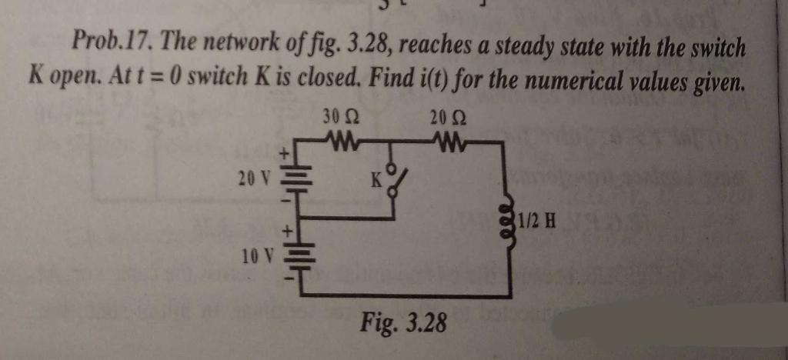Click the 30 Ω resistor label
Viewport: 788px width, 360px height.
[x=339, y=119]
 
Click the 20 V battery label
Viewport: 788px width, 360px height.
[x=253, y=179]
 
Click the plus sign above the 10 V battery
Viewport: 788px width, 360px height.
[x=290, y=229]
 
